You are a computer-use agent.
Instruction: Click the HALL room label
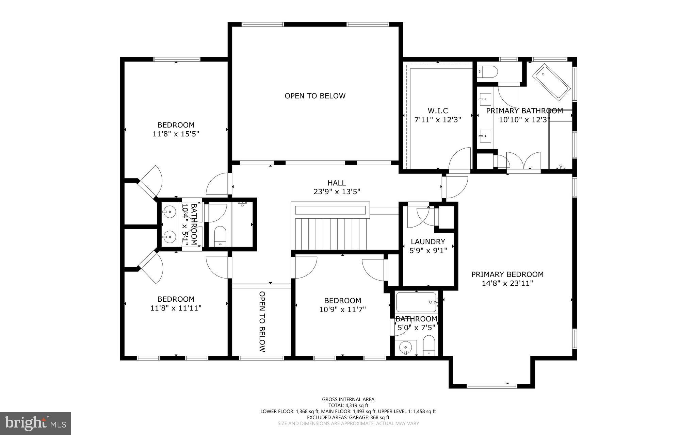(x=337, y=183)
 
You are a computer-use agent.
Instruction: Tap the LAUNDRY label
(x=428, y=242)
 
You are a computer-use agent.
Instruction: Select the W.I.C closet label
(x=438, y=111)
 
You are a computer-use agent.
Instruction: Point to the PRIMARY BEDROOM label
(x=507, y=274)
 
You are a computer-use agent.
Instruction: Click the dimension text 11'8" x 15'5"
(x=176, y=134)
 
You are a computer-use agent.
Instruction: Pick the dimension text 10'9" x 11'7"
(x=342, y=309)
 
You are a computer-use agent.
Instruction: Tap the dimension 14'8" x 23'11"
(x=507, y=283)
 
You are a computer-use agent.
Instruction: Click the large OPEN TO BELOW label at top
(x=315, y=96)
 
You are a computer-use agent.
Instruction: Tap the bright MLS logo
(x=35, y=423)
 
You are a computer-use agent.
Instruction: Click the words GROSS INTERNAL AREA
(x=348, y=399)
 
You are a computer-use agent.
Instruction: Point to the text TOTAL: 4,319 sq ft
(x=348, y=405)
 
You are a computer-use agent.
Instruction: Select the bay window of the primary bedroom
(x=492, y=386)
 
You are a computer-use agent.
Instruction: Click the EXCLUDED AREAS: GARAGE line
(x=348, y=417)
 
